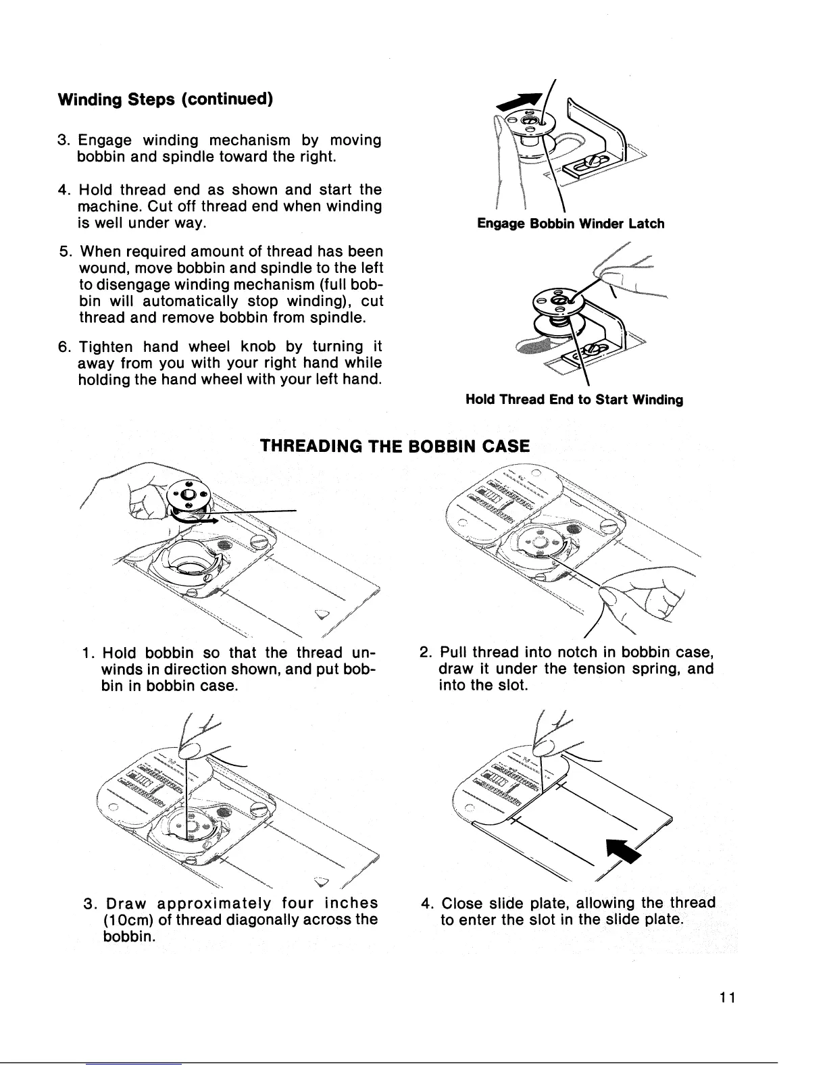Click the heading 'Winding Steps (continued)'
pyautogui.click(x=166, y=99)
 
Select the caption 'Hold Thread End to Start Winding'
pyautogui.click(x=574, y=400)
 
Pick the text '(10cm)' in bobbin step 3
pyautogui.click(x=126, y=919)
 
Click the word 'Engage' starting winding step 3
pyautogui.click(x=101, y=141)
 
